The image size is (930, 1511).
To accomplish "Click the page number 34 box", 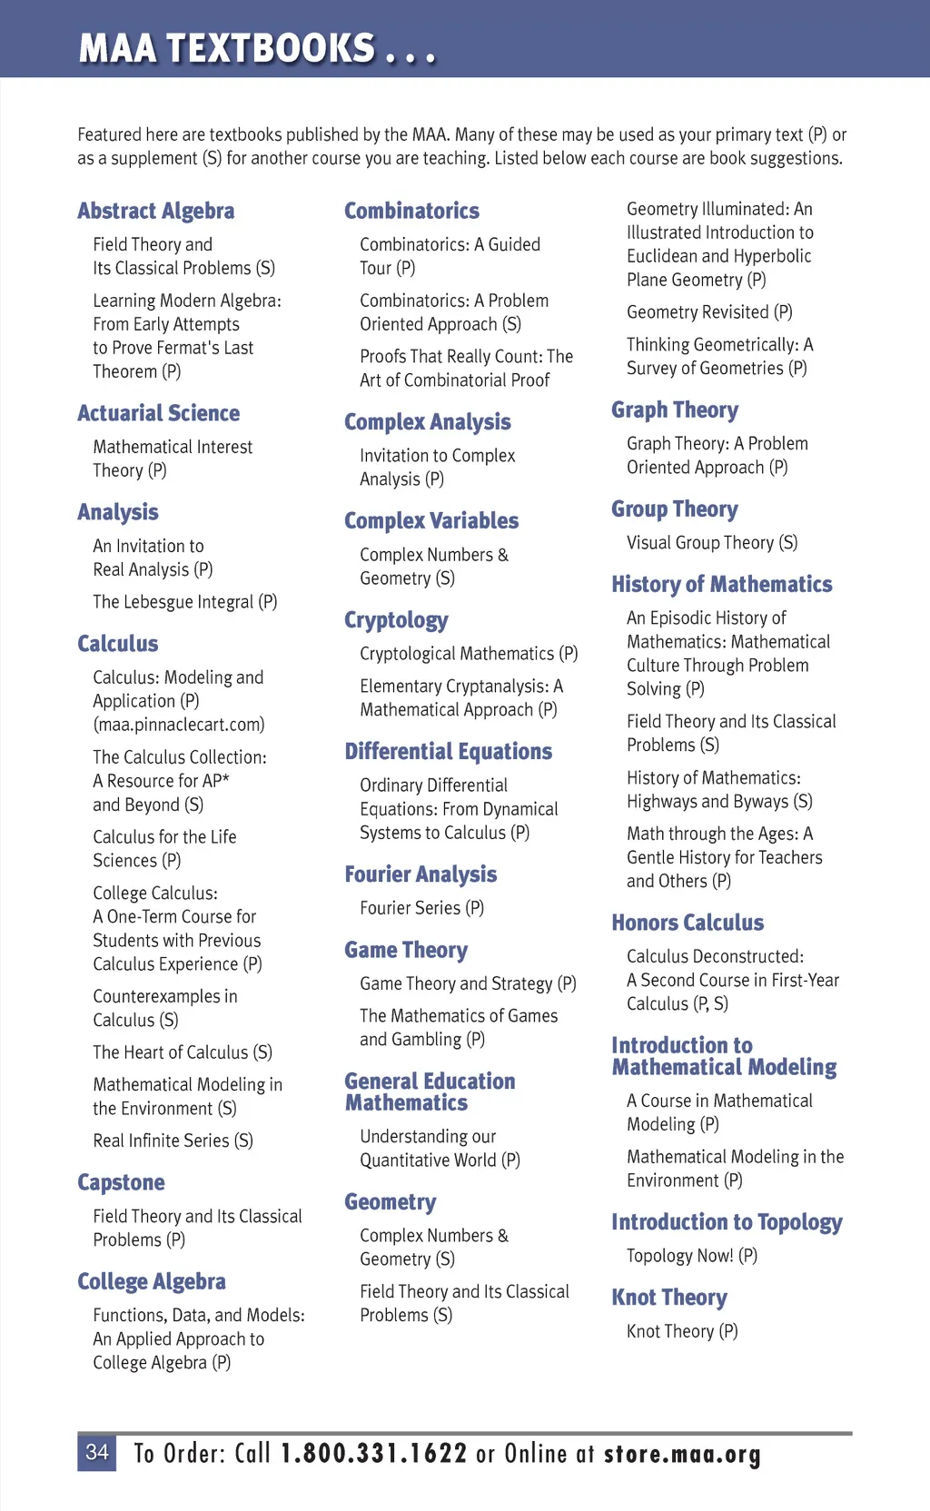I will [96, 1453].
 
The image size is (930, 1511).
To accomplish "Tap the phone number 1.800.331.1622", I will [373, 1454].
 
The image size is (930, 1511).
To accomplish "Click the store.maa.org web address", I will [682, 1454].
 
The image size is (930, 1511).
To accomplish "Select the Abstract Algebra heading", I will [155, 212].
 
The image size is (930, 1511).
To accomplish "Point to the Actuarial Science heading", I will [158, 413].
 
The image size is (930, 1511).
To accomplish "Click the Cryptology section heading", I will [396, 620].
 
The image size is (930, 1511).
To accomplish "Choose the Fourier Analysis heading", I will [420, 874].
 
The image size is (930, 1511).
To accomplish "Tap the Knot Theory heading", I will [669, 1298].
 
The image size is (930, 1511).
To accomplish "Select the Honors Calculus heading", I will [688, 923].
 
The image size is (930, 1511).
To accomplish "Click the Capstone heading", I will [121, 1182].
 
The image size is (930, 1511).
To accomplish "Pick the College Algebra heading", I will [152, 1281].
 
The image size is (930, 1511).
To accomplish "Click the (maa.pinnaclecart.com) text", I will [179, 725].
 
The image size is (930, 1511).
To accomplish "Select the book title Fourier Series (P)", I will [421, 908].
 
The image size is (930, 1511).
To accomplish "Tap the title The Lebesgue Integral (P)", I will [184, 602].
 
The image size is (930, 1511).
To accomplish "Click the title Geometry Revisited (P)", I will [709, 312].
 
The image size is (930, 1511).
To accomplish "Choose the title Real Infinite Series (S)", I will [173, 1141].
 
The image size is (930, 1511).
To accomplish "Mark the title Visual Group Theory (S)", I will [712, 543].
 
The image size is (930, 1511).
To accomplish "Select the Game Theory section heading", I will [406, 950].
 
